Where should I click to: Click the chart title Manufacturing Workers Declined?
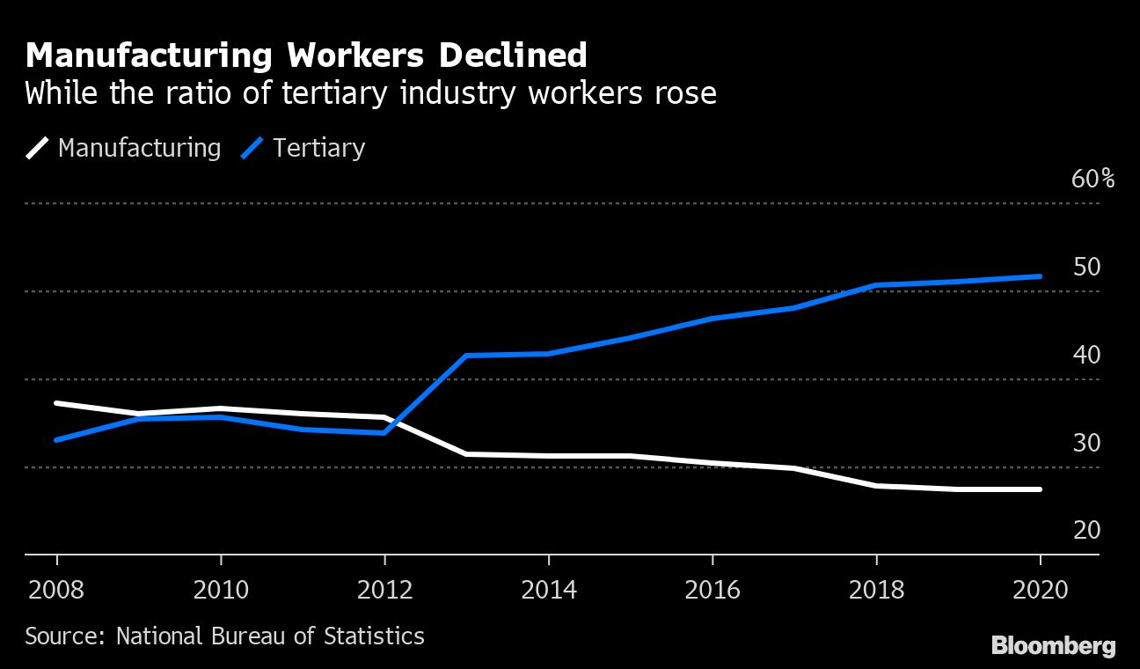[306, 56]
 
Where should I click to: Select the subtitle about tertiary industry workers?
[370, 92]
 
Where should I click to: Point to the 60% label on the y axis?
[1092, 180]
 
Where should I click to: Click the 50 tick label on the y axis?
[1087, 267]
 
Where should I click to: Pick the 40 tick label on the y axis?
[1087, 355]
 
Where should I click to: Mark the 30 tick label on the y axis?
[1087, 443]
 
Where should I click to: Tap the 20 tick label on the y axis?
[1087, 530]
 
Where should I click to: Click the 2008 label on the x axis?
[57, 589]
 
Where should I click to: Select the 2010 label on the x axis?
[221, 589]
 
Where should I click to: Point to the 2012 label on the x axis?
[384, 589]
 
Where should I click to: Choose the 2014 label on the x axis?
[549, 589]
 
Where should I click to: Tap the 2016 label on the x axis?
[712, 589]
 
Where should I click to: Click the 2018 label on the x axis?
[876, 589]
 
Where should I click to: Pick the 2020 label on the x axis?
[1040, 589]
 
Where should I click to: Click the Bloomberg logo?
[1053, 646]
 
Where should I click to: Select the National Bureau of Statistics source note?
[224, 636]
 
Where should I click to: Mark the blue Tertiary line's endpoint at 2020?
[1040, 276]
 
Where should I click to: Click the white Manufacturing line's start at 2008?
[57, 403]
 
